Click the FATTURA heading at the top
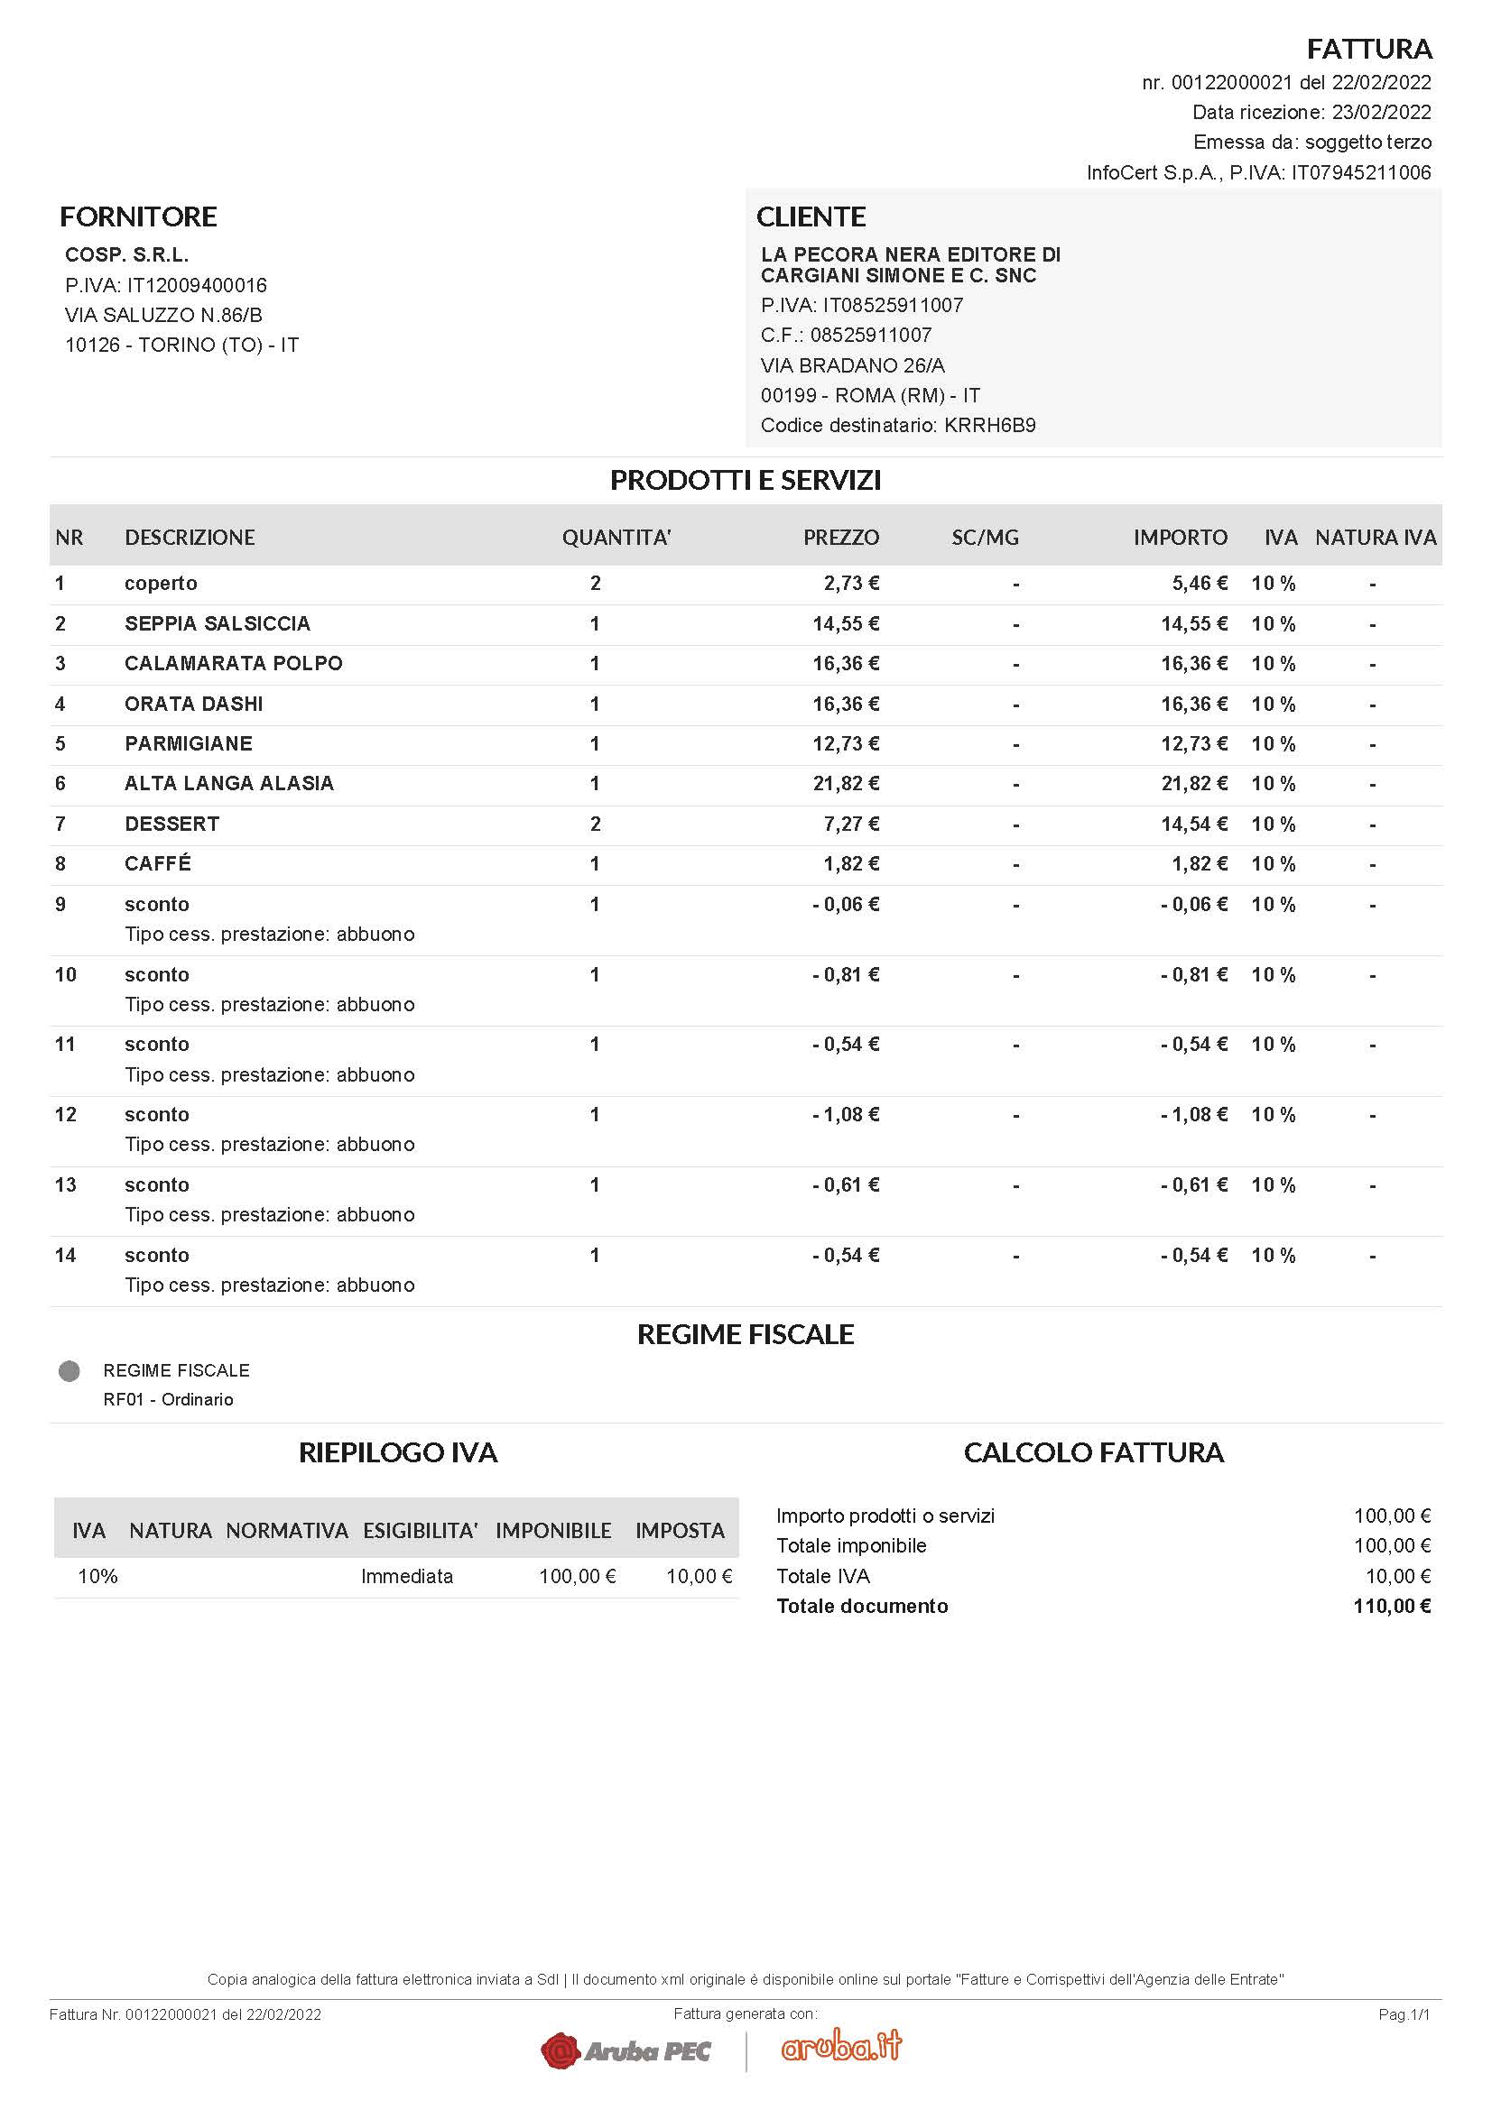[1368, 48]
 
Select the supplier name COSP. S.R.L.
[127, 254]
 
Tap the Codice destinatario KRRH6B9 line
[897, 425]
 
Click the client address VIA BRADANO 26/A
[852, 364]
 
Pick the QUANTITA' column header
[616, 537]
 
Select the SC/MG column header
[985, 537]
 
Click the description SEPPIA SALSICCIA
[217, 623]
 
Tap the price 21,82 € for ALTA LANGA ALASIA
[845, 783]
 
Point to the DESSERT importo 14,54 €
[1193, 824]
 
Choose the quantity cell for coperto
[595, 583]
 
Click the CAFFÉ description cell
[158, 863]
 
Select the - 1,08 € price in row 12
[845, 1114]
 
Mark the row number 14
[65, 1255]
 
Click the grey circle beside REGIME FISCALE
[69, 1371]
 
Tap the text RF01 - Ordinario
[168, 1399]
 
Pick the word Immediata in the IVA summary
[406, 1576]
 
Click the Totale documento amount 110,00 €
[1391, 1606]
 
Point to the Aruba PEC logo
[626, 2050]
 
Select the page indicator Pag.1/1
[1404, 2014]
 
